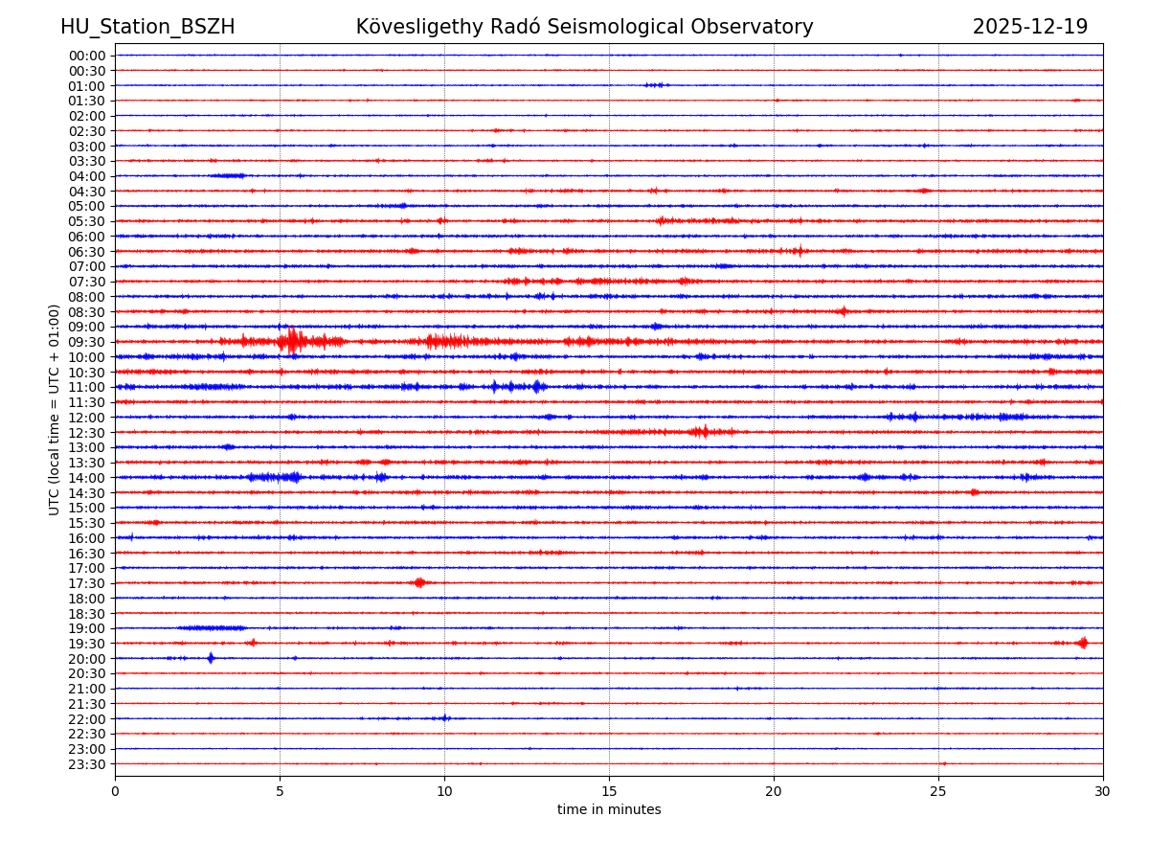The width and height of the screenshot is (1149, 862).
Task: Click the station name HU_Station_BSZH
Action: (x=147, y=27)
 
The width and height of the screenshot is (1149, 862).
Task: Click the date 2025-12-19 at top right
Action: (x=1030, y=27)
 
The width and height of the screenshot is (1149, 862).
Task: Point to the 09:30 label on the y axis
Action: (x=86, y=342)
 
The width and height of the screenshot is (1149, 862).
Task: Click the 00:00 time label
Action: (x=86, y=56)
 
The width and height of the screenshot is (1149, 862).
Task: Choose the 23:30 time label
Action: (x=86, y=764)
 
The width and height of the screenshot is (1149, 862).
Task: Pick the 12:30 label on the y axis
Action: (x=86, y=433)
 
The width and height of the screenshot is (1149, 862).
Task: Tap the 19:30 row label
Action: (x=86, y=644)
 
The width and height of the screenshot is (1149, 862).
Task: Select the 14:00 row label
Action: (x=86, y=478)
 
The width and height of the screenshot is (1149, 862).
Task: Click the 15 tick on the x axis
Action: (x=609, y=791)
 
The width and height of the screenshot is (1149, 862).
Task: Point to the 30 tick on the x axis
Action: (x=1103, y=791)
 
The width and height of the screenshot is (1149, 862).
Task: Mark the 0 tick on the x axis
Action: (x=115, y=791)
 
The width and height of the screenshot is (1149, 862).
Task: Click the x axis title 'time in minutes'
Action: (x=609, y=809)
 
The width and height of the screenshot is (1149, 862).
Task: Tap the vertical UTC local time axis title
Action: (x=55, y=409)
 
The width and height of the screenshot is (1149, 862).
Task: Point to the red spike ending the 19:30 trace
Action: (x=1083, y=643)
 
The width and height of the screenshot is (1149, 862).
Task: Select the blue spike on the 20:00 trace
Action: (x=211, y=658)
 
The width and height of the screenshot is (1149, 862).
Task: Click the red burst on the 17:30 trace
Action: (x=419, y=582)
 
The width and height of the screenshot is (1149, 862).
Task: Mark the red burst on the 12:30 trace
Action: (x=701, y=432)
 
